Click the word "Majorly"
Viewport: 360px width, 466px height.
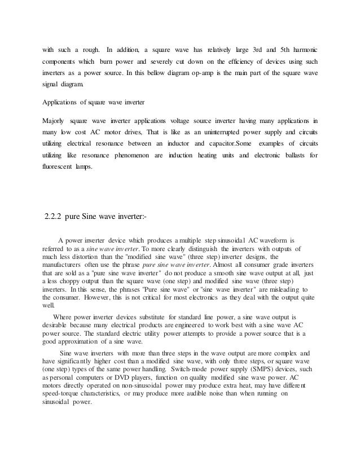point(54,120)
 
